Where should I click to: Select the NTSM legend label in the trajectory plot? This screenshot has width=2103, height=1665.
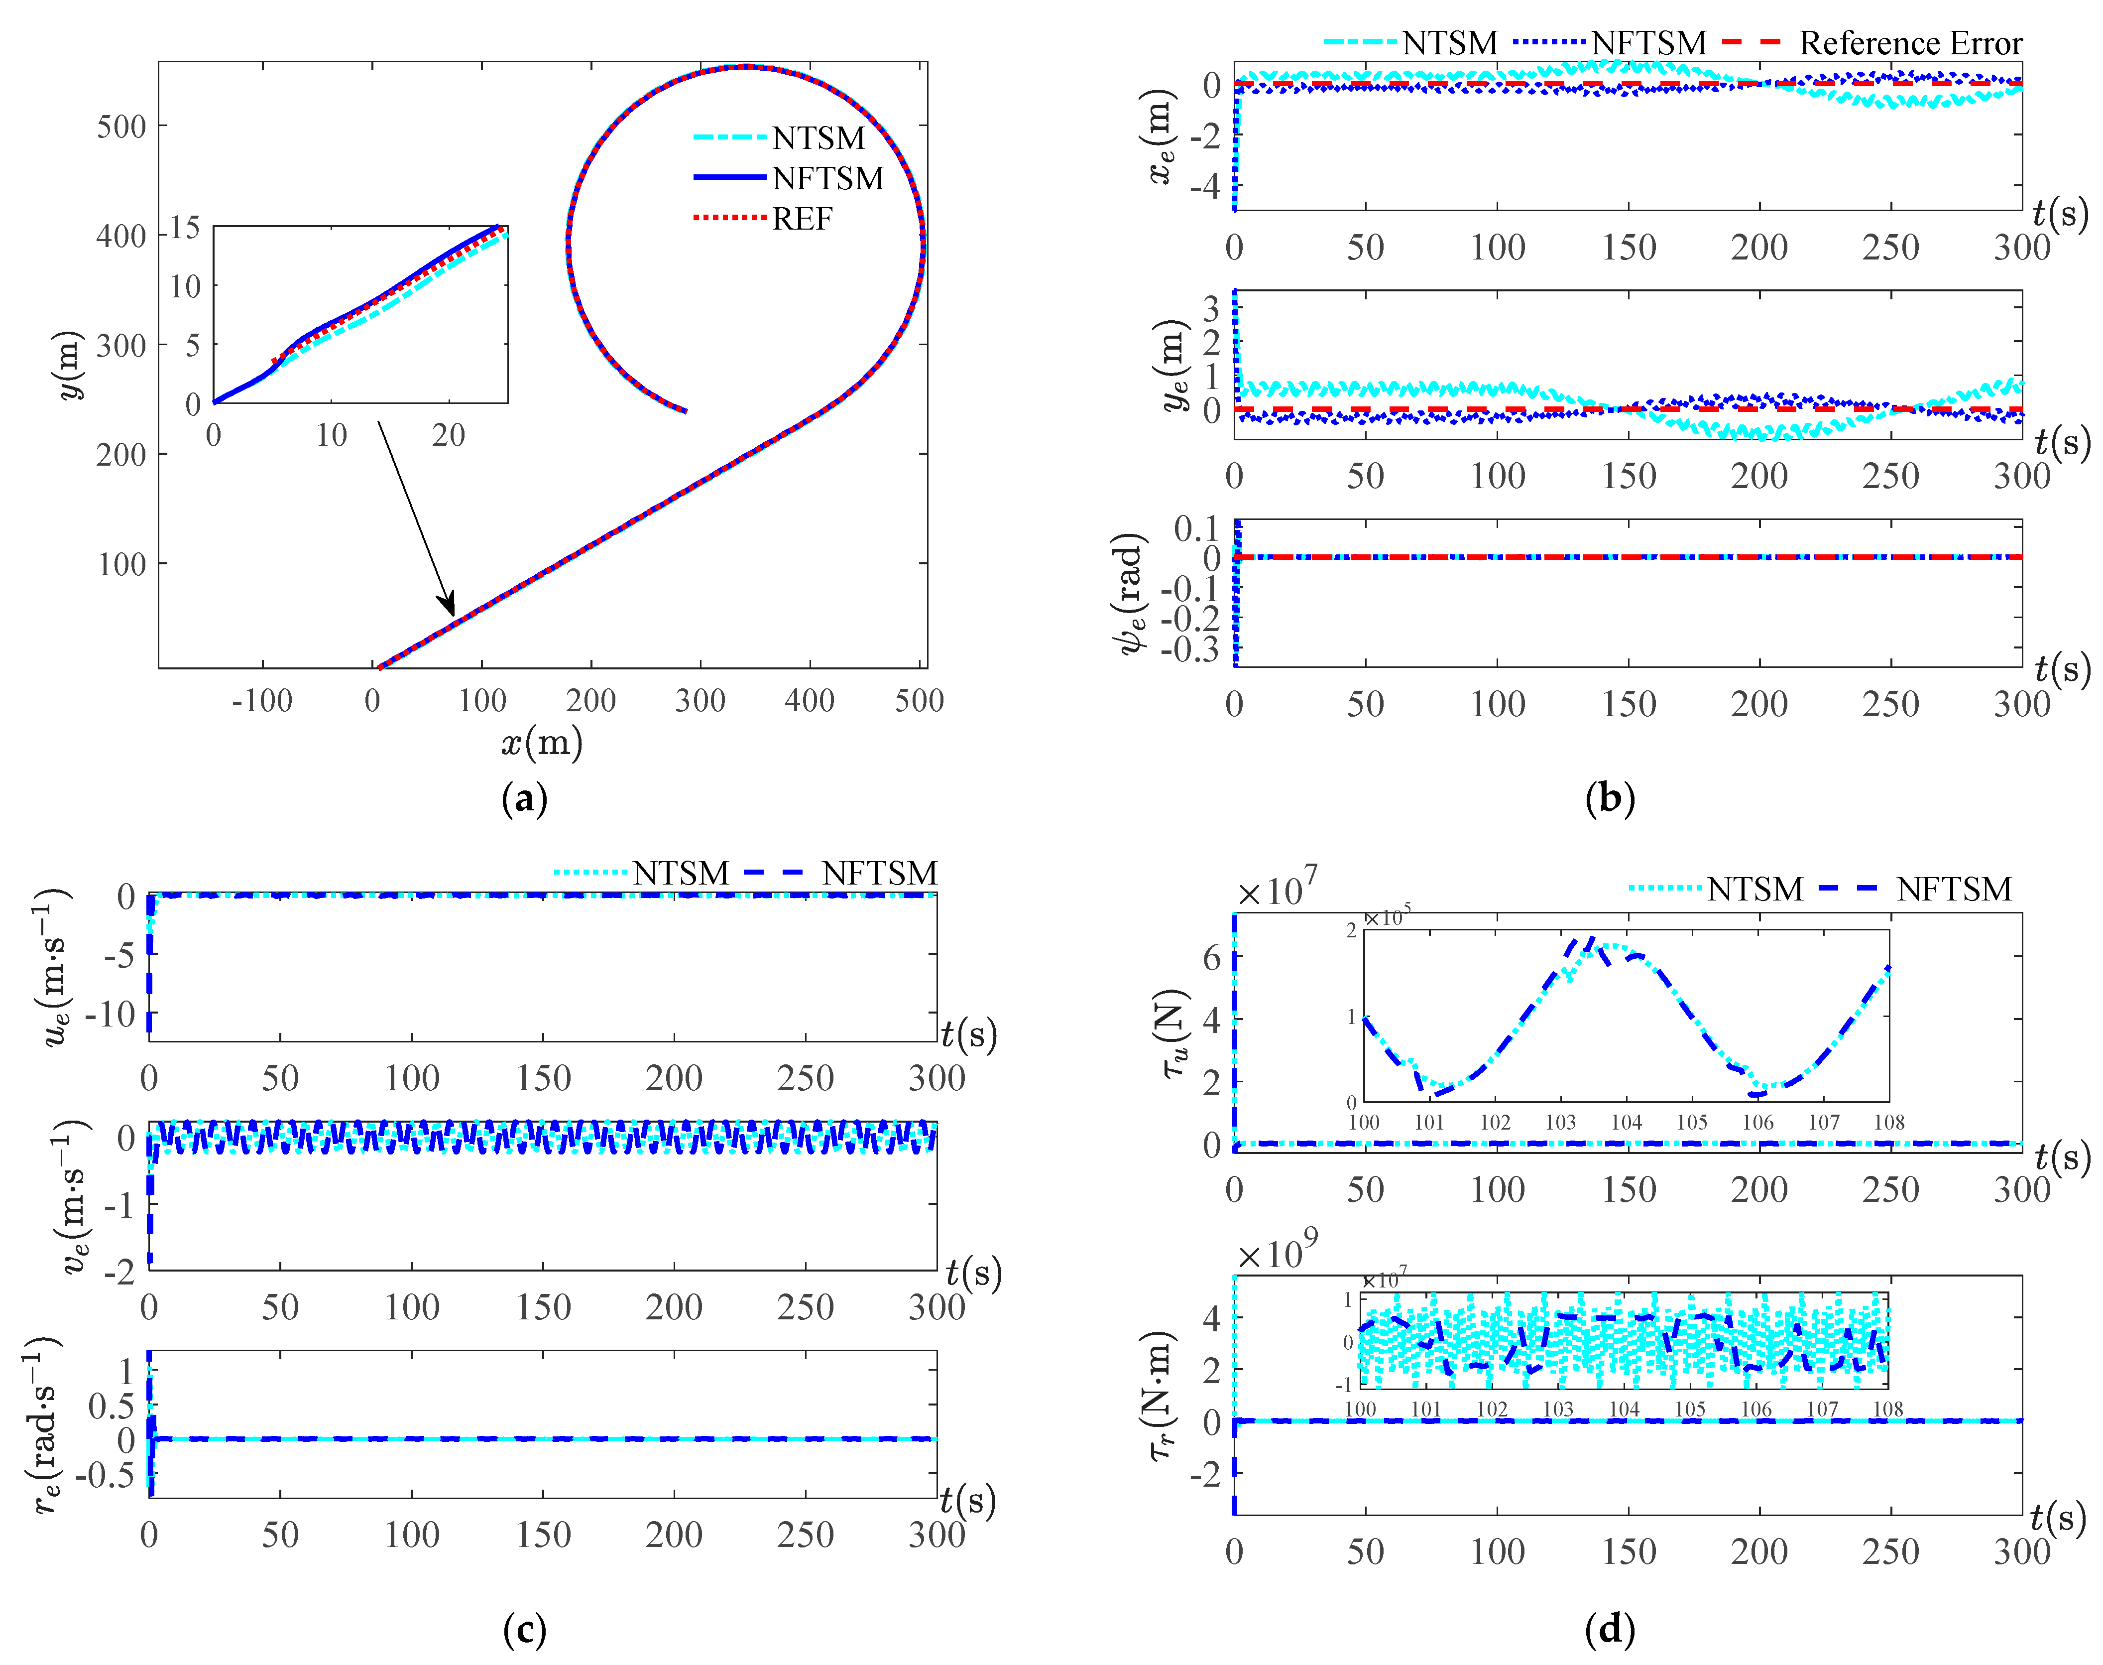coord(818,138)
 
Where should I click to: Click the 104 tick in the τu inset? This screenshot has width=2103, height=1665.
coord(1626,1122)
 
